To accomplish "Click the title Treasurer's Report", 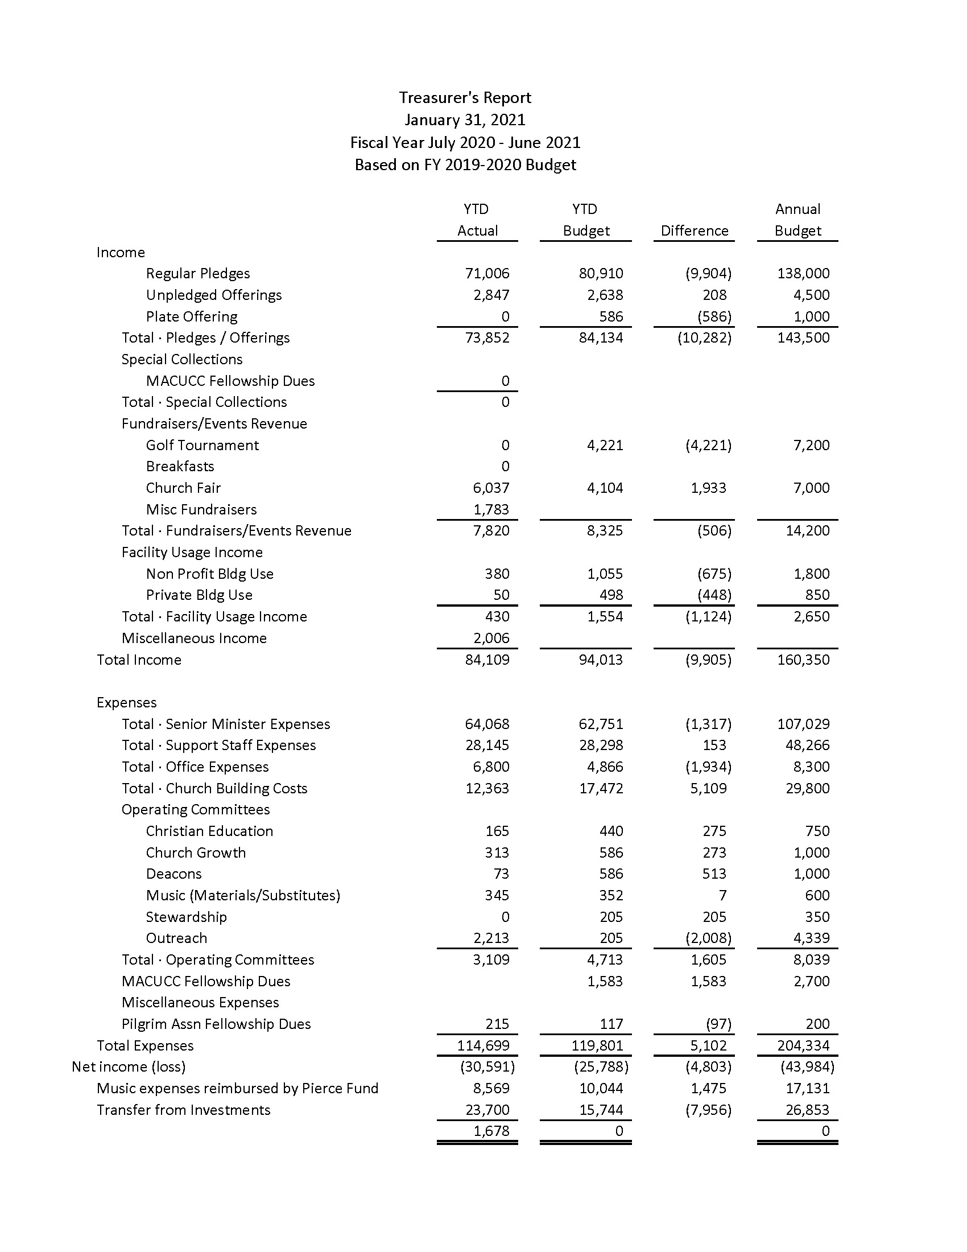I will pos(465,98).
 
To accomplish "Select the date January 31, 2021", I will pos(465,120).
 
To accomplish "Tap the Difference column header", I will pos(695,231).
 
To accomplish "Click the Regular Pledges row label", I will pos(197,273).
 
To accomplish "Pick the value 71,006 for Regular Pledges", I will pos(487,273).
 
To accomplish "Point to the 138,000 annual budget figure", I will pos(803,273).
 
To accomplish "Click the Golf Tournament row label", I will pos(203,446).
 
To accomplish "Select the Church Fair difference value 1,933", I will pos(708,488).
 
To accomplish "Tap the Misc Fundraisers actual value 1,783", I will pos(491,510).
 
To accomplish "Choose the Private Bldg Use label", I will pos(199,595).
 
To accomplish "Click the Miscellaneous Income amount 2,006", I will pos(491,638).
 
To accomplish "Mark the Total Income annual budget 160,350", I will pos(803,660).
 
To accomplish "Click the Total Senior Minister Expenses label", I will pos(226,724).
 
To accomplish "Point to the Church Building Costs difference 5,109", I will pos(708,788).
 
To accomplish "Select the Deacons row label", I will pos(173,874).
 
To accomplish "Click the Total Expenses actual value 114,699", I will pos(483,1045).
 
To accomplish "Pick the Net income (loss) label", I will pos(129,1067).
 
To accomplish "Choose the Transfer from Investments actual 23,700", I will pos(487,1110).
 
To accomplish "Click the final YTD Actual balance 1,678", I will pos(491,1131).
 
